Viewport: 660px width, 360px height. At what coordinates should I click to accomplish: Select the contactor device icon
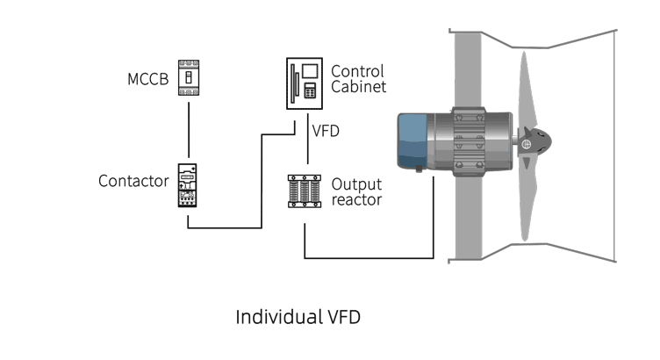(x=186, y=184)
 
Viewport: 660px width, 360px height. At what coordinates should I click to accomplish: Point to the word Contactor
(x=133, y=182)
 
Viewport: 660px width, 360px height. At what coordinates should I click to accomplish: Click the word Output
(x=356, y=184)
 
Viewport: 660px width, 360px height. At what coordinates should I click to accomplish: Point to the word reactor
(x=357, y=200)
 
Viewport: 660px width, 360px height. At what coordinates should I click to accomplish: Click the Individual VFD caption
(x=298, y=317)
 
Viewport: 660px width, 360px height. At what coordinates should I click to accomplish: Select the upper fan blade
(x=523, y=88)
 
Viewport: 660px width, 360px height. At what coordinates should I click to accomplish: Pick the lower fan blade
(x=523, y=202)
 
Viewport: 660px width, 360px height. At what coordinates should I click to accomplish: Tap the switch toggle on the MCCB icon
(x=186, y=78)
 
